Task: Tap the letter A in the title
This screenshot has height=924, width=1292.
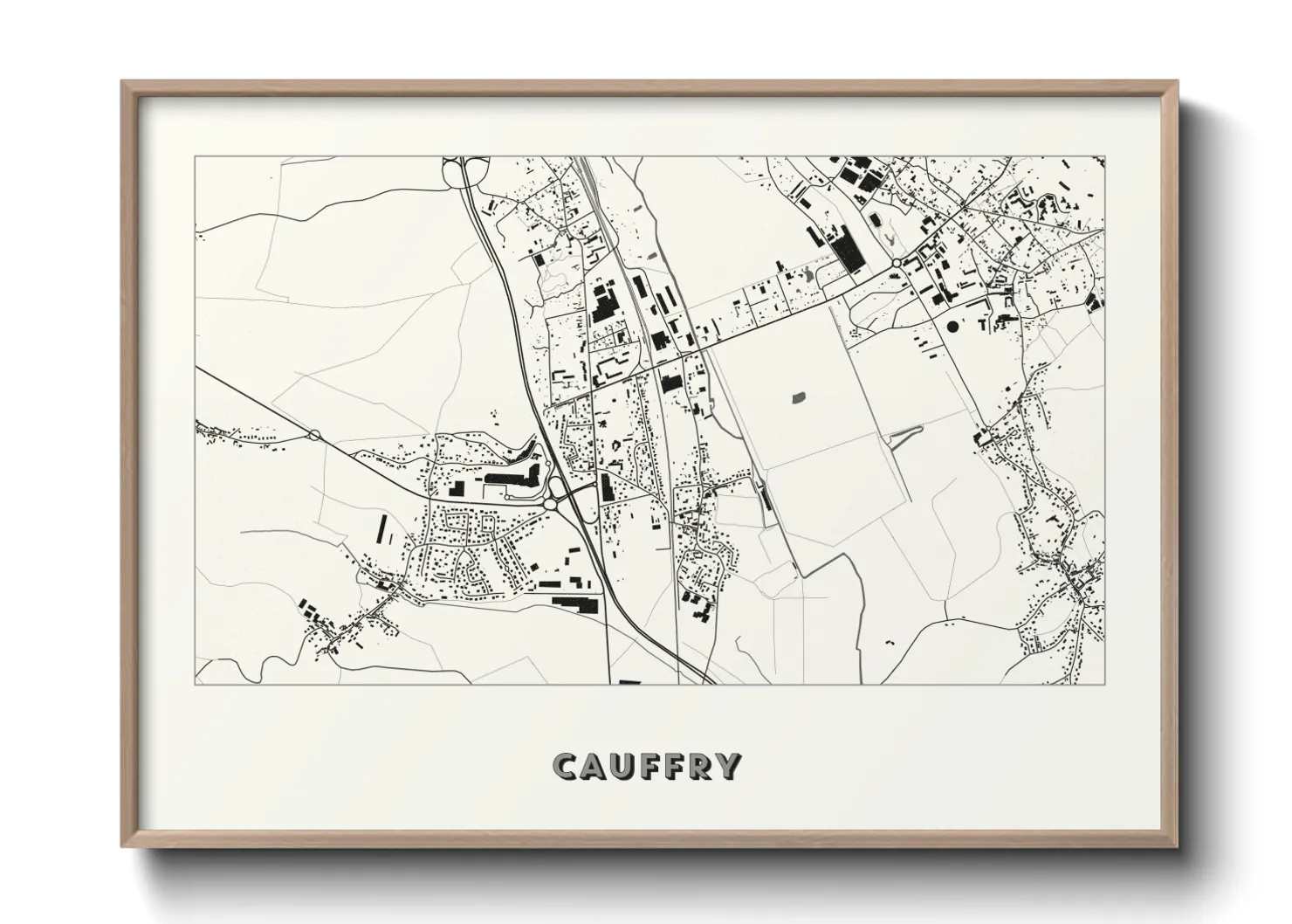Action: click(x=594, y=766)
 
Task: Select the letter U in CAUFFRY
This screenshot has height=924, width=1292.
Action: click(x=622, y=766)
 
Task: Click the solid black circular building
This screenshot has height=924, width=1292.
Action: click(x=951, y=326)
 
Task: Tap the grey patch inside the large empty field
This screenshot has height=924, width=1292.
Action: click(x=797, y=398)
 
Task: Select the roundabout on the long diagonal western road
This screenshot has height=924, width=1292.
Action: click(x=313, y=434)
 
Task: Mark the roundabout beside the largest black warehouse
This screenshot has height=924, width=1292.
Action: click(x=896, y=262)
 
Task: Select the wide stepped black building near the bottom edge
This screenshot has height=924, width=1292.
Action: click(x=577, y=601)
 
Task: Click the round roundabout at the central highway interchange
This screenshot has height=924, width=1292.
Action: click(x=551, y=504)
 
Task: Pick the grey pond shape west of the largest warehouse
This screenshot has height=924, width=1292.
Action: click(x=806, y=276)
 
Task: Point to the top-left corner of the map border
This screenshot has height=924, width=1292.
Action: click(x=195, y=157)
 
